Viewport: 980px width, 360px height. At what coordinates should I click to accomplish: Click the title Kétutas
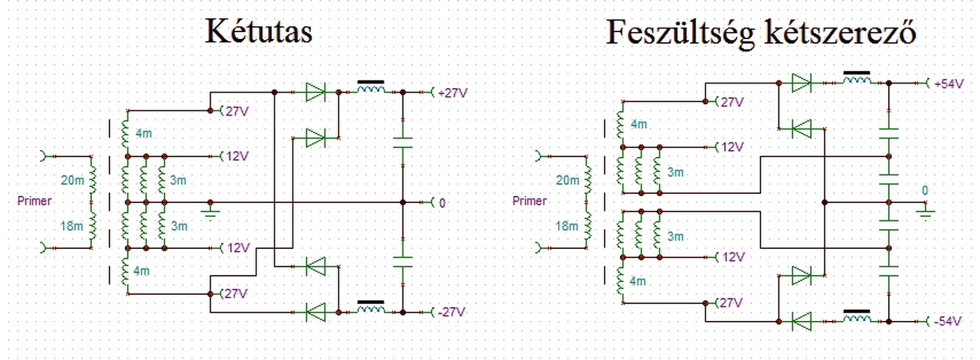[x=259, y=31]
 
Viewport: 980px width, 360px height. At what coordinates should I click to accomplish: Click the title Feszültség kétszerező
[x=761, y=32]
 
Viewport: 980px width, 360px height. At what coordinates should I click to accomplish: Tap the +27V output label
[x=452, y=93]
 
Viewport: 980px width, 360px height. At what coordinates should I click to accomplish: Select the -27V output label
[x=452, y=312]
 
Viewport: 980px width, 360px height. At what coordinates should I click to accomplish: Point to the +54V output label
[x=949, y=83]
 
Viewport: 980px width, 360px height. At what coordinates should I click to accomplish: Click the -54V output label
[x=948, y=321]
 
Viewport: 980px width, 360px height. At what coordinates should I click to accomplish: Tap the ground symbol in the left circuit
[x=211, y=211]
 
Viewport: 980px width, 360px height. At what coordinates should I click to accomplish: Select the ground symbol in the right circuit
[x=925, y=211]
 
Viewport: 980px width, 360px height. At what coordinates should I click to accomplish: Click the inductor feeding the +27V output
[x=371, y=87]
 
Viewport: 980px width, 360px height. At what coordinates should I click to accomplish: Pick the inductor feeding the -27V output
[x=371, y=307]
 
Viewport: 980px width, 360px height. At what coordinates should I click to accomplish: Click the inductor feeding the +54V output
[x=857, y=78]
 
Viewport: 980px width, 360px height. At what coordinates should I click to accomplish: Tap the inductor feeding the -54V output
[x=857, y=316]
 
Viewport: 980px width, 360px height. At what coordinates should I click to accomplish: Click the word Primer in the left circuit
[x=34, y=201]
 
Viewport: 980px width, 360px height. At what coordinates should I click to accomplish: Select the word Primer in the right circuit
[x=529, y=201]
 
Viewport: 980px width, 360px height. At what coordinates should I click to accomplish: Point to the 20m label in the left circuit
[x=72, y=180]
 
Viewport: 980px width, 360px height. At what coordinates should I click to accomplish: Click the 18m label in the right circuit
[x=567, y=226]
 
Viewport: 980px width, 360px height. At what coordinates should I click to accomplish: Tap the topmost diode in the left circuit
[x=315, y=93]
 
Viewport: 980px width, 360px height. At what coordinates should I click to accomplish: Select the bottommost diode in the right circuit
[x=802, y=322]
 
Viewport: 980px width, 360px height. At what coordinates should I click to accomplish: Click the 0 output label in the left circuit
[x=442, y=203]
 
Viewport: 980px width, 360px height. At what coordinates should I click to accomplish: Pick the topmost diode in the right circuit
[x=802, y=83]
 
